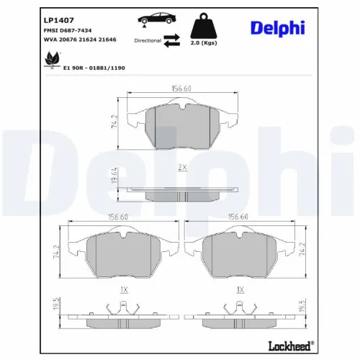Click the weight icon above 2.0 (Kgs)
point(204,26)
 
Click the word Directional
point(148,41)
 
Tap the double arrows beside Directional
point(171,40)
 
